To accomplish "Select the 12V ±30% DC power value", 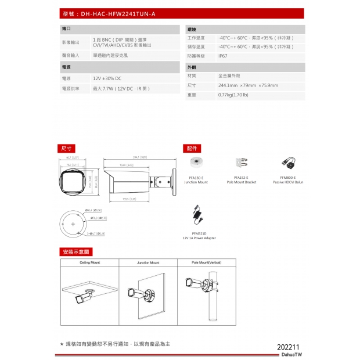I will tap(107, 78).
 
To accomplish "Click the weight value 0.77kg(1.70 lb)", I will tap(233, 95).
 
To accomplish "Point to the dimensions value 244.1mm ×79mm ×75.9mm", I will tap(248, 85).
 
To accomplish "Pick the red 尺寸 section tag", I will tap(67, 149).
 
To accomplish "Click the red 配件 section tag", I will tap(191, 149).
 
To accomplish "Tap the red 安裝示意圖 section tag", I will tap(76, 252).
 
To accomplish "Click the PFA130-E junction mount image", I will tap(196, 164).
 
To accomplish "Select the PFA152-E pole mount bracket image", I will tap(242, 164).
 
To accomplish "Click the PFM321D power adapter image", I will tap(199, 215).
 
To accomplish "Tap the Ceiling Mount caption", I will tap(89, 262).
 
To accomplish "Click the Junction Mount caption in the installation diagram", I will tap(148, 262).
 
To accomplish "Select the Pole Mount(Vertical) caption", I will tap(207, 262).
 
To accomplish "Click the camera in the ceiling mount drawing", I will tap(84, 298).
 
